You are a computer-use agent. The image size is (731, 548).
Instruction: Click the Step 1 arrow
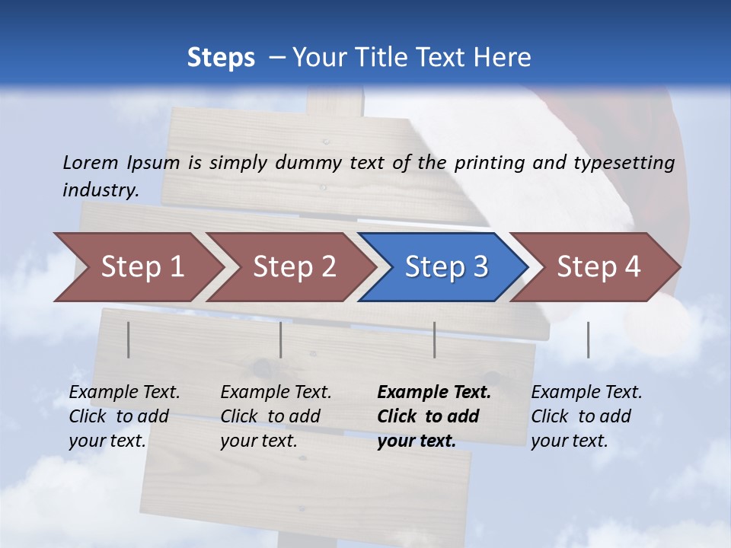pos(137,267)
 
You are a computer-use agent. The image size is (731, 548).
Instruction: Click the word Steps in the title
pos(221,58)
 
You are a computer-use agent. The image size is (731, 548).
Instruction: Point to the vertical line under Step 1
pos(129,339)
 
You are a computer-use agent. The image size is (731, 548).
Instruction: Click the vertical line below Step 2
pos(281,339)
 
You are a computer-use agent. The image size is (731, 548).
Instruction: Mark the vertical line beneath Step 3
pos(434,339)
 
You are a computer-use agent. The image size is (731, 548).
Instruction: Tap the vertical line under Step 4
pos(588,339)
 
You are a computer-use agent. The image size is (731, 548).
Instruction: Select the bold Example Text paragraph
pos(434,416)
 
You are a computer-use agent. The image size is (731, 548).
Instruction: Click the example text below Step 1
pos(124,416)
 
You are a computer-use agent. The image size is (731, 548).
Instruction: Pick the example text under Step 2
pos(276,416)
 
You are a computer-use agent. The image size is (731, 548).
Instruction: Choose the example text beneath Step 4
pos(586,416)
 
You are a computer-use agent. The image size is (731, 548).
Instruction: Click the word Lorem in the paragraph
pos(91,162)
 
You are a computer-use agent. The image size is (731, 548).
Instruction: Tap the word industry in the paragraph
pos(101,190)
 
